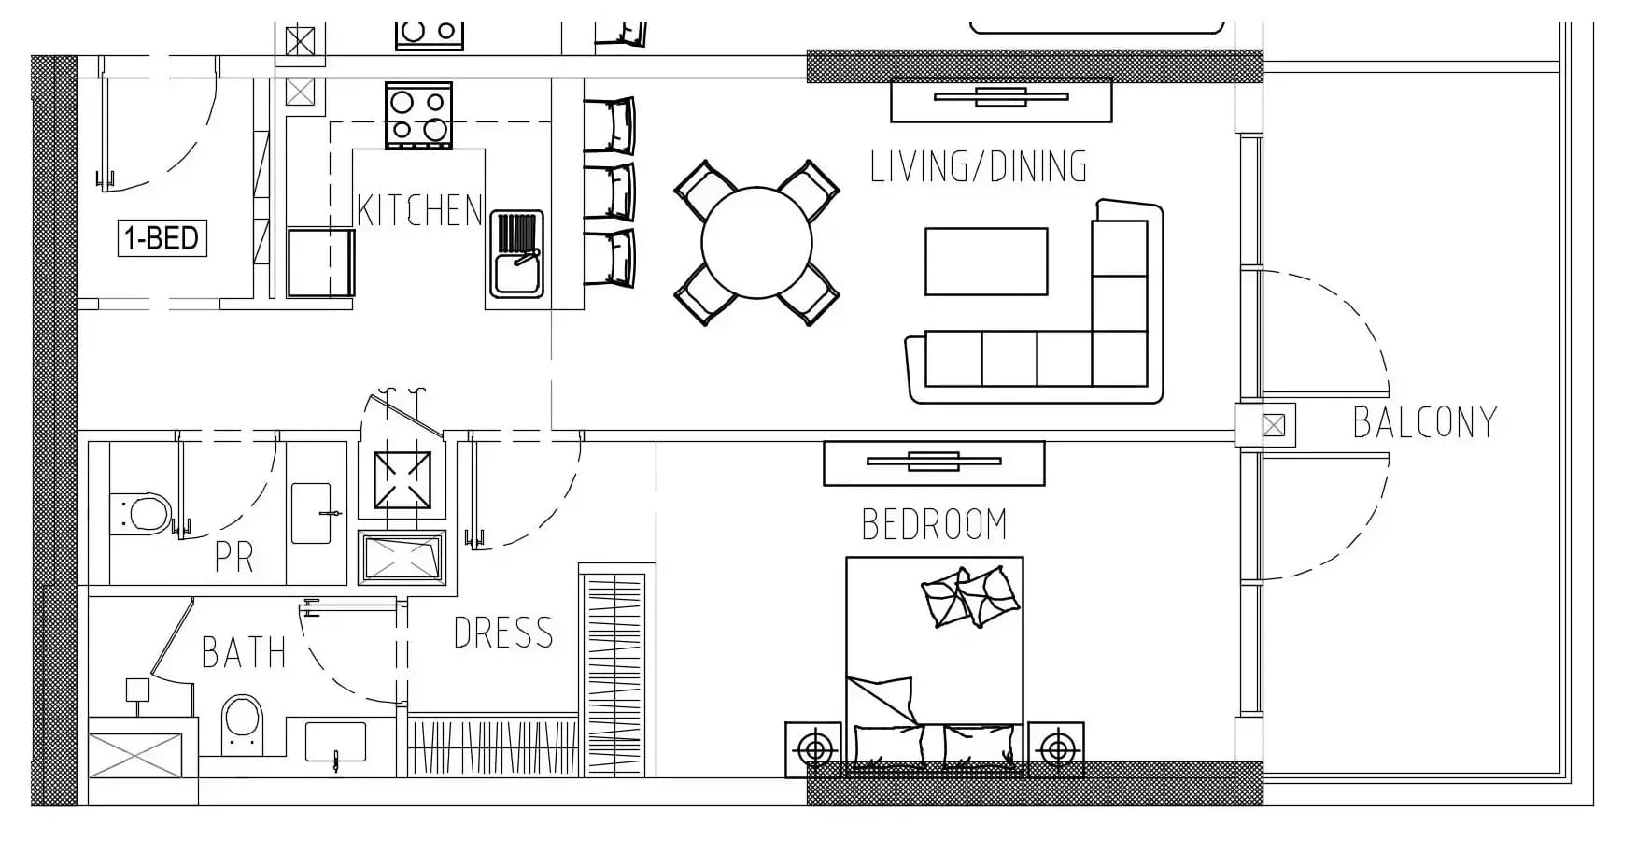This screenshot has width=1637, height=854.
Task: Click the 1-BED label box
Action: (162, 238)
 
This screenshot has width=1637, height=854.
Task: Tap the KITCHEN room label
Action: (419, 210)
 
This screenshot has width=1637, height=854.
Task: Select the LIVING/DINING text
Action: (979, 166)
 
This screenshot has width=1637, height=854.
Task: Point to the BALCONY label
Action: (1425, 422)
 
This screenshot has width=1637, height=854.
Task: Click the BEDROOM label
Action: (935, 524)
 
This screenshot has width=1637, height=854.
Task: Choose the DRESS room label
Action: (503, 633)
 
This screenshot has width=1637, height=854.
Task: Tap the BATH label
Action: (244, 652)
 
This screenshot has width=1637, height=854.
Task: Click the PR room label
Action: (233, 557)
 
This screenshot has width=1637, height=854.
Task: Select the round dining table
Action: (756, 243)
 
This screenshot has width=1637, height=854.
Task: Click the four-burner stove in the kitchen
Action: (418, 115)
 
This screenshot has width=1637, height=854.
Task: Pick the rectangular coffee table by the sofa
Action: (986, 262)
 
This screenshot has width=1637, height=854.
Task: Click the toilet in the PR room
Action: (141, 513)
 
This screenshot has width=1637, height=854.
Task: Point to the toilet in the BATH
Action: (243, 724)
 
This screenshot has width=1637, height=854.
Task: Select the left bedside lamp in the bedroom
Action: (815, 749)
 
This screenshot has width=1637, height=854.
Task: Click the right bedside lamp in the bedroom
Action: (1056, 749)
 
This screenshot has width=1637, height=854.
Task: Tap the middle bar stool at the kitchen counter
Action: (610, 191)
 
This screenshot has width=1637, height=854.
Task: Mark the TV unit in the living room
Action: (1001, 101)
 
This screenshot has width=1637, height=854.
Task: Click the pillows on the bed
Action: (969, 596)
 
